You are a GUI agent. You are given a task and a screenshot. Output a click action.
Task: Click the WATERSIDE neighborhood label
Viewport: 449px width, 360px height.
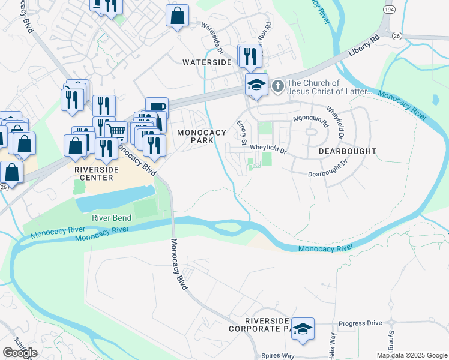click(x=206, y=62)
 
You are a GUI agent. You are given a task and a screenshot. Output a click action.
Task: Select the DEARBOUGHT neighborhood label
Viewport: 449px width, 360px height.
click(x=347, y=151)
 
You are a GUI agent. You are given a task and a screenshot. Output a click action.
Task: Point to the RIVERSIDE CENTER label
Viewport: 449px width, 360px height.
click(x=94, y=173)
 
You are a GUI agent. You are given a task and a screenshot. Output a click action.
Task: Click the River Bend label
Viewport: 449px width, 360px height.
click(x=112, y=218)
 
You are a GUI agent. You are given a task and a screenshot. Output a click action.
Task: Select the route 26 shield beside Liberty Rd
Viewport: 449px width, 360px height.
click(x=396, y=36)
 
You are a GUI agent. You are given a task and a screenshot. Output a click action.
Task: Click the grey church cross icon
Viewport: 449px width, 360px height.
click(x=277, y=86)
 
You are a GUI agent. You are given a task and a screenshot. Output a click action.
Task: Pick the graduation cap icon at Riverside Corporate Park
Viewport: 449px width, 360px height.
click(x=303, y=329)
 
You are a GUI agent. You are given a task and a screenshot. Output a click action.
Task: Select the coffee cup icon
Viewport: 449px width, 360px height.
click(x=157, y=107)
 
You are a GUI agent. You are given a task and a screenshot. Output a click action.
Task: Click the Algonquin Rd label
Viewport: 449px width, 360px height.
click(x=310, y=119)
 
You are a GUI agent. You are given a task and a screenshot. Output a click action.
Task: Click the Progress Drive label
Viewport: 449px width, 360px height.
click(x=360, y=323)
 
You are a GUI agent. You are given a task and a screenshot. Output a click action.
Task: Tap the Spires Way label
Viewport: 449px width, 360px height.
click(x=277, y=356)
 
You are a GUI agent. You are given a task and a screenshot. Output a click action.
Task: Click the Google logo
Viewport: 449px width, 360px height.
click(x=20, y=353)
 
